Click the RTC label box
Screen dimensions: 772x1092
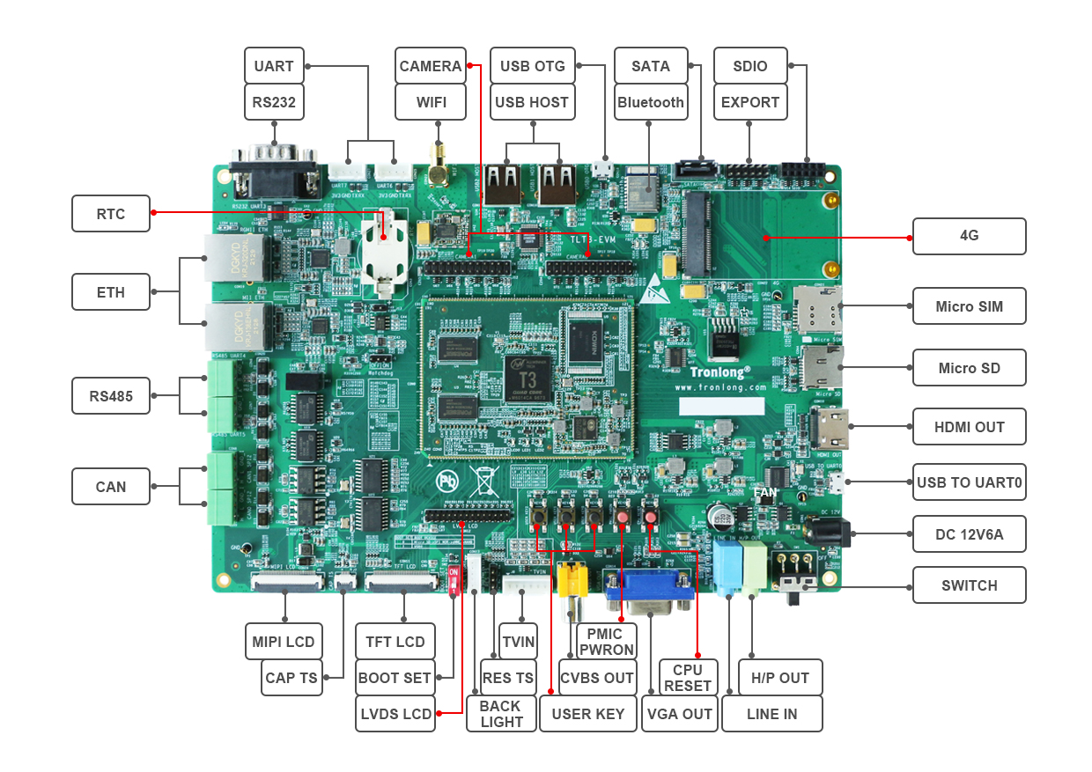[111, 214]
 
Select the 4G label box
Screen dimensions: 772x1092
[969, 236]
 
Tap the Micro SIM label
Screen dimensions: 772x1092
[969, 306]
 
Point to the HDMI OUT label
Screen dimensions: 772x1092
[969, 427]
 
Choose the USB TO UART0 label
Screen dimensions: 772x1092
[969, 482]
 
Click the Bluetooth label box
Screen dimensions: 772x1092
[650, 102]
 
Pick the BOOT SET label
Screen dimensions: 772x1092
[395, 678]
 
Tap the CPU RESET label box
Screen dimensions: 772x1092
[688, 677]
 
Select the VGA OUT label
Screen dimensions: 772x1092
[679, 714]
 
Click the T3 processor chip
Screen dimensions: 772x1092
[528, 374]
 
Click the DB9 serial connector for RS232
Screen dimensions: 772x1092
[274, 175]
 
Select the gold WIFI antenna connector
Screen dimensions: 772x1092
[438, 171]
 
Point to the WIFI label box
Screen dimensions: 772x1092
[432, 102]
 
